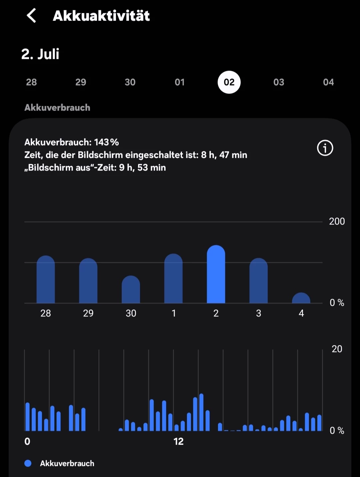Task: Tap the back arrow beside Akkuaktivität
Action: click(x=31, y=16)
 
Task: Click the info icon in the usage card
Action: click(x=325, y=148)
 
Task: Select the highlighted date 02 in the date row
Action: click(x=229, y=82)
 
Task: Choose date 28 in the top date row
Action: click(x=31, y=82)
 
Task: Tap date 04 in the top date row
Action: click(x=328, y=82)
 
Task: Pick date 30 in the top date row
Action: click(x=130, y=82)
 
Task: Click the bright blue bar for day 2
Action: click(x=216, y=275)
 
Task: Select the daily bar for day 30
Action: click(x=131, y=290)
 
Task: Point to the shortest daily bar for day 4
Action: click(x=301, y=298)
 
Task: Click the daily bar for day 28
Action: click(x=46, y=280)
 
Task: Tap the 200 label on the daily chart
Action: click(x=337, y=222)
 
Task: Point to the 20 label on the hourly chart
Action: click(x=337, y=349)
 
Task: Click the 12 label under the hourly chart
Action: click(x=178, y=442)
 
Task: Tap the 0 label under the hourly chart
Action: click(x=27, y=442)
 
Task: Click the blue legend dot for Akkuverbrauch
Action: click(x=28, y=463)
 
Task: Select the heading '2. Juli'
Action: click(x=40, y=54)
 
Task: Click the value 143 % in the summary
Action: click(x=106, y=142)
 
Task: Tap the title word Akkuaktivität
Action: click(x=101, y=16)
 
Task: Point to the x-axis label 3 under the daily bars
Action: click(x=258, y=313)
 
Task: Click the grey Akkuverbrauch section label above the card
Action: click(x=57, y=108)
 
